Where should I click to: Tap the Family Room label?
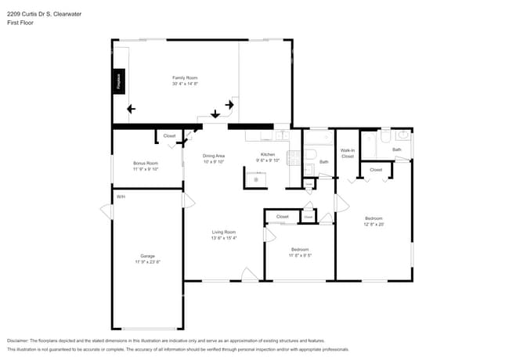click(x=185, y=77)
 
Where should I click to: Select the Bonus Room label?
click(x=146, y=163)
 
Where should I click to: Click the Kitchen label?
click(x=268, y=155)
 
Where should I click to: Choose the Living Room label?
click(x=224, y=232)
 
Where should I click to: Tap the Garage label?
click(x=147, y=256)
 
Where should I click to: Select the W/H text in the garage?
click(x=121, y=196)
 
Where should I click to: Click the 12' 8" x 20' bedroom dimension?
click(x=374, y=225)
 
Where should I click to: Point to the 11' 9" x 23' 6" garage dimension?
click(x=147, y=262)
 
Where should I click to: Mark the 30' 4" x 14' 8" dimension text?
click(x=185, y=84)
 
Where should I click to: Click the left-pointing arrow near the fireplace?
click(x=131, y=110)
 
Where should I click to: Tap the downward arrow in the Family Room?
click(x=215, y=113)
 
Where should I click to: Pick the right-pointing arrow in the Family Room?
click(x=230, y=103)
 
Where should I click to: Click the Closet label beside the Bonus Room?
click(x=169, y=136)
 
